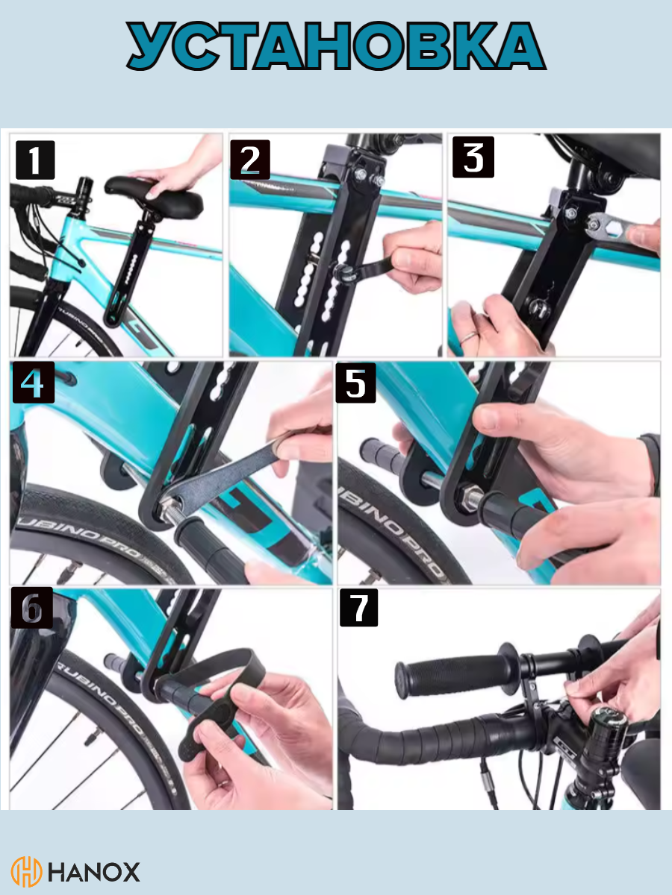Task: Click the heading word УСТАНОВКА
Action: (x=336, y=45)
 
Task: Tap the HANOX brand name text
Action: (x=94, y=873)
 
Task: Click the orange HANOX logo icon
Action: (x=26, y=872)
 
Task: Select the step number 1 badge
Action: (x=35, y=160)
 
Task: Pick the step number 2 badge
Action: (x=250, y=160)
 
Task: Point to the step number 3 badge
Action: (x=473, y=157)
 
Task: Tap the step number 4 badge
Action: (x=34, y=383)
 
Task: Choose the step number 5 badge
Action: (x=356, y=383)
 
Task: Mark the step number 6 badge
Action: (x=32, y=608)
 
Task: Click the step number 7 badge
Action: (x=358, y=608)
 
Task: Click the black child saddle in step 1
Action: (x=155, y=197)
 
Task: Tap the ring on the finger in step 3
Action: (x=470, y=338)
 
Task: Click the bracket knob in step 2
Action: (x=341, y=273)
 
